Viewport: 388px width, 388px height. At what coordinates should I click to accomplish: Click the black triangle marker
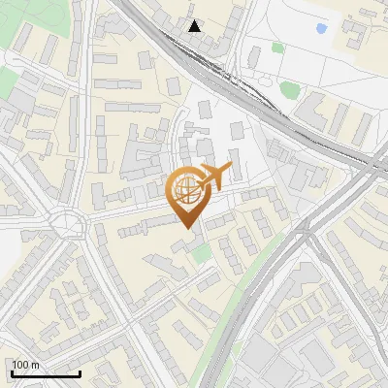[196, 26]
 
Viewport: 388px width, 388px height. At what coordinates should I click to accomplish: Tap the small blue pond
[320, 28]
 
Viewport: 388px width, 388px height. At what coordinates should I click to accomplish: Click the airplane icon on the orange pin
[216, 175]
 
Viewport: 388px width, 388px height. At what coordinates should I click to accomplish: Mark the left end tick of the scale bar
[11, 372]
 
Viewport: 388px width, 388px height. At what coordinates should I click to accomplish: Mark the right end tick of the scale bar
[80, 372]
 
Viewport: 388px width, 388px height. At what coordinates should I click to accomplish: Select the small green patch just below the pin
[201, 254]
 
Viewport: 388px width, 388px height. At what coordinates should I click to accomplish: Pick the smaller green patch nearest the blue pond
[278, 47]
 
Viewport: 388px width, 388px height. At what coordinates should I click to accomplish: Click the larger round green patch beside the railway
[288, 90]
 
